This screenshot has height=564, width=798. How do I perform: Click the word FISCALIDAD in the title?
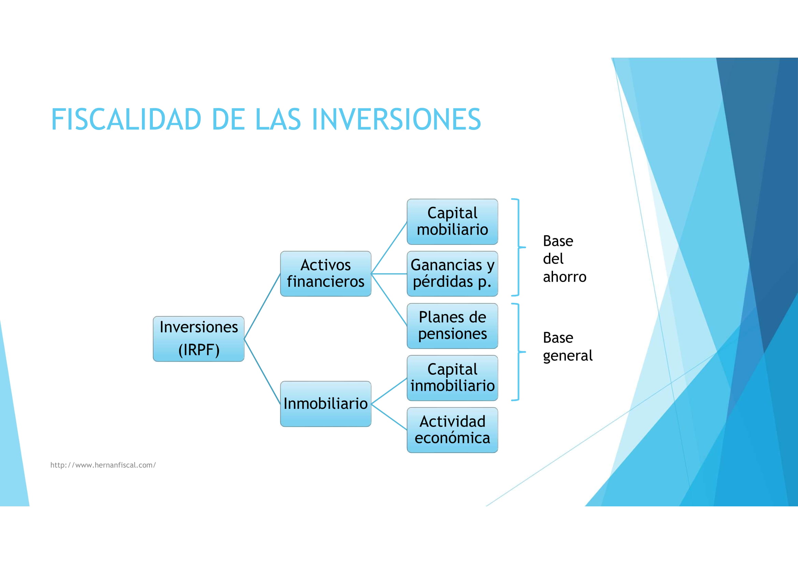[x=126, y=119]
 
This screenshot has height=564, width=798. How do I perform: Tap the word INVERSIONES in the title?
[x=396, y=119]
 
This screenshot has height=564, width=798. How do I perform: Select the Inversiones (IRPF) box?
[x=199, y=339]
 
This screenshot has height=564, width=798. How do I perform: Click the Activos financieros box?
[x=325, y=273]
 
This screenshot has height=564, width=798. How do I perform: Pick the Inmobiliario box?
[x=325, y=403]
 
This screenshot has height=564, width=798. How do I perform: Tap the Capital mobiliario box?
[x=452, y=221]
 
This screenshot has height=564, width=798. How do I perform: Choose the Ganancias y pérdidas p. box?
[x=452, y=273]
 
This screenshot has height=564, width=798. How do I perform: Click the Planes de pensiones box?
[x=452, y=325]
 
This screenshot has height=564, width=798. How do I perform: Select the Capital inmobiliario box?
[x=452, y=377]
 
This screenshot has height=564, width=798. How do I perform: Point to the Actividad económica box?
[x=452, y=430]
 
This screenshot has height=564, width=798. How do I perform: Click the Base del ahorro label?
[x=564, y=259]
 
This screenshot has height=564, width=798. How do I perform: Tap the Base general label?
[x=567, y=346]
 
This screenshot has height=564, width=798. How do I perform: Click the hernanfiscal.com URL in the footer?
[x=103, y=465]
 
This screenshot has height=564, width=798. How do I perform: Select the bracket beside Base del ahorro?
[x=518, y=247]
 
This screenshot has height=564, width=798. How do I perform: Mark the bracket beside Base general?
[x=518, y=352]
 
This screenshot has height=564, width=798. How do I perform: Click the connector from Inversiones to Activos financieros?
[x=262, y=306]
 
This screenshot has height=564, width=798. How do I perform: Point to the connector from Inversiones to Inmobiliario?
[x=262, y=371]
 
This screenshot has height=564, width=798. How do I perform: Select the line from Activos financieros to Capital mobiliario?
[x=389, y=248]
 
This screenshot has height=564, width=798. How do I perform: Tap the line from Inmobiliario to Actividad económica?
[x=389, y=417]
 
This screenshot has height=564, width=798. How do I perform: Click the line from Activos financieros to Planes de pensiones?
[x=389, y=299]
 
